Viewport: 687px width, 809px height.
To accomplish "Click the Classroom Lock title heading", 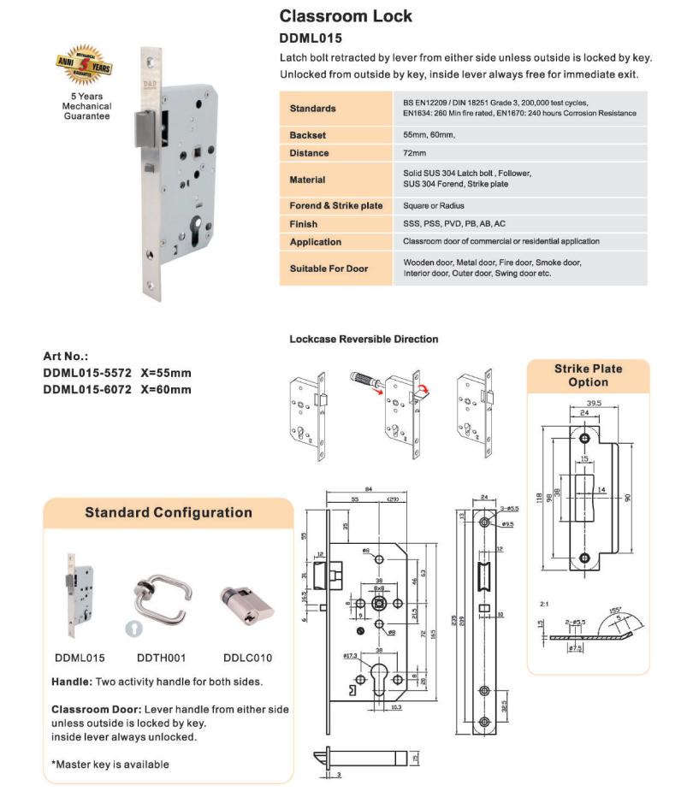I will click(x=346, y=16).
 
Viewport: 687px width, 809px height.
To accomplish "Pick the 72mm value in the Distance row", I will click(x=415, y=153).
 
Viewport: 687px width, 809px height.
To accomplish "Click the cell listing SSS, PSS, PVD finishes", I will click(x=453, y=224).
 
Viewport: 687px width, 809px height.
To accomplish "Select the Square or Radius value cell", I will click(x=441, y=206).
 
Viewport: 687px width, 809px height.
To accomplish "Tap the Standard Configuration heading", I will click(x=168, y=512).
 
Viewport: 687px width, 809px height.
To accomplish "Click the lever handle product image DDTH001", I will click(x=162, y=595).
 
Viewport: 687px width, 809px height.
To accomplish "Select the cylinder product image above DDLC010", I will click(x=246, y=603).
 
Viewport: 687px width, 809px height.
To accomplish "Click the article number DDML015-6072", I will click(x=86, y=390).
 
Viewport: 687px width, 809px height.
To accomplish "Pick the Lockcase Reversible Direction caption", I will click(x=364, y=340).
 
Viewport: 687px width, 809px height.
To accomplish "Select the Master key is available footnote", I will click(x=110, y=764).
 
